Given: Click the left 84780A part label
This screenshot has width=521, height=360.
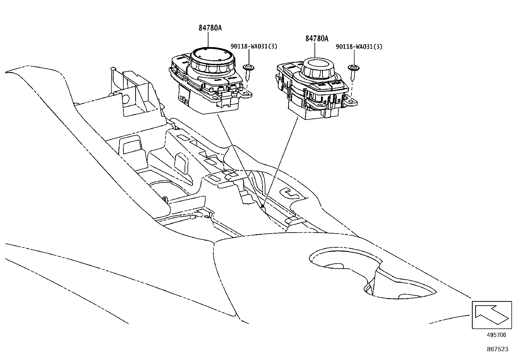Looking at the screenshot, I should [210, 28].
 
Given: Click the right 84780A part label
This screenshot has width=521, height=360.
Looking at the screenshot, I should [316, 39].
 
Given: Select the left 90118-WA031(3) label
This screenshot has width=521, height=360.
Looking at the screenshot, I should [254, 47].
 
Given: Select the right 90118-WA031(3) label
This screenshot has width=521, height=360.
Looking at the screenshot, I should [359, 47].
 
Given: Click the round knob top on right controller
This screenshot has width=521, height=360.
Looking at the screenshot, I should [318, 64].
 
